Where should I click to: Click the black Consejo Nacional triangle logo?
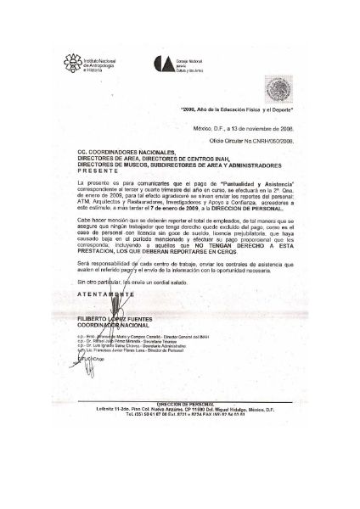[x=183, y=64]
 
